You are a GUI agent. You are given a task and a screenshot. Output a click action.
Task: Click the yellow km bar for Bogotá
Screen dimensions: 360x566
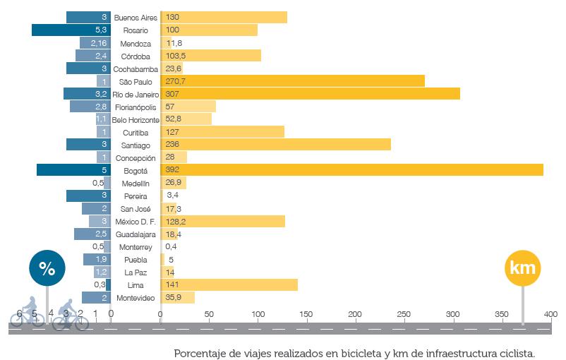[x=353, y=170]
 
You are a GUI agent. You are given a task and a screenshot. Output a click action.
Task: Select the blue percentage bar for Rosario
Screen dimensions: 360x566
[x=71, y=30]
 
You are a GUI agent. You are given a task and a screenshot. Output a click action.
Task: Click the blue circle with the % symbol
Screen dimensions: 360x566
[x=47, y=268]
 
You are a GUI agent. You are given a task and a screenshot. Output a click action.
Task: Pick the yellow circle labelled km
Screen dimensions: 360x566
[x=523, y=268]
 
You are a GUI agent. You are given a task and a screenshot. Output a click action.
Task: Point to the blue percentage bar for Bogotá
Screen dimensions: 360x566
[x=73, y=170]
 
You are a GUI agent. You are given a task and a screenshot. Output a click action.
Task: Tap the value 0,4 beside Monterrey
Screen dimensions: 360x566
[x=171, y=247]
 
